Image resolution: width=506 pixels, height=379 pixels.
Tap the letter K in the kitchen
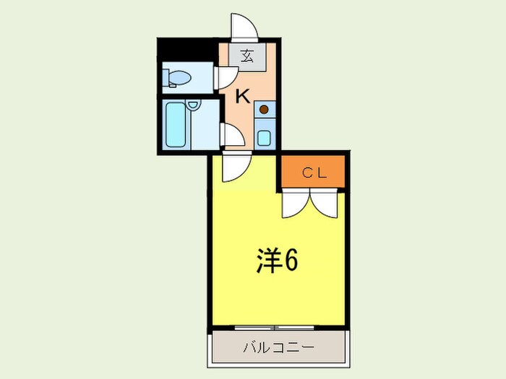[x=241, y=95]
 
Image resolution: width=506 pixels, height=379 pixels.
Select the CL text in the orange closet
[x=314, y=173]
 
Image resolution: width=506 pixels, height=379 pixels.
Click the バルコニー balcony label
[x=278, y=348]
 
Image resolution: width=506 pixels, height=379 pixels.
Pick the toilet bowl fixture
[x=177, y=77]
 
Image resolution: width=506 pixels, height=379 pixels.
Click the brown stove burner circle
[x=264, y=110]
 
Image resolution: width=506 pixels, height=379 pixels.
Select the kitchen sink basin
[x=264, y=136]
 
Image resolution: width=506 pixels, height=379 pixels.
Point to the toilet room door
[x=226, y=77]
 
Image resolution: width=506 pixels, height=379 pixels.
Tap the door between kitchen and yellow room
[x=234, y=167]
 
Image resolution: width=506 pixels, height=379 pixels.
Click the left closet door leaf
[x=296, y=204]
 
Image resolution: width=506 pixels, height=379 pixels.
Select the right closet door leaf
[x=325, y=204]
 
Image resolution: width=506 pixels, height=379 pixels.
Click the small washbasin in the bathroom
[x=193, y=106]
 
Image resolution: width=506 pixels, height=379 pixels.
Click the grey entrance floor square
[x=247, y=57]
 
